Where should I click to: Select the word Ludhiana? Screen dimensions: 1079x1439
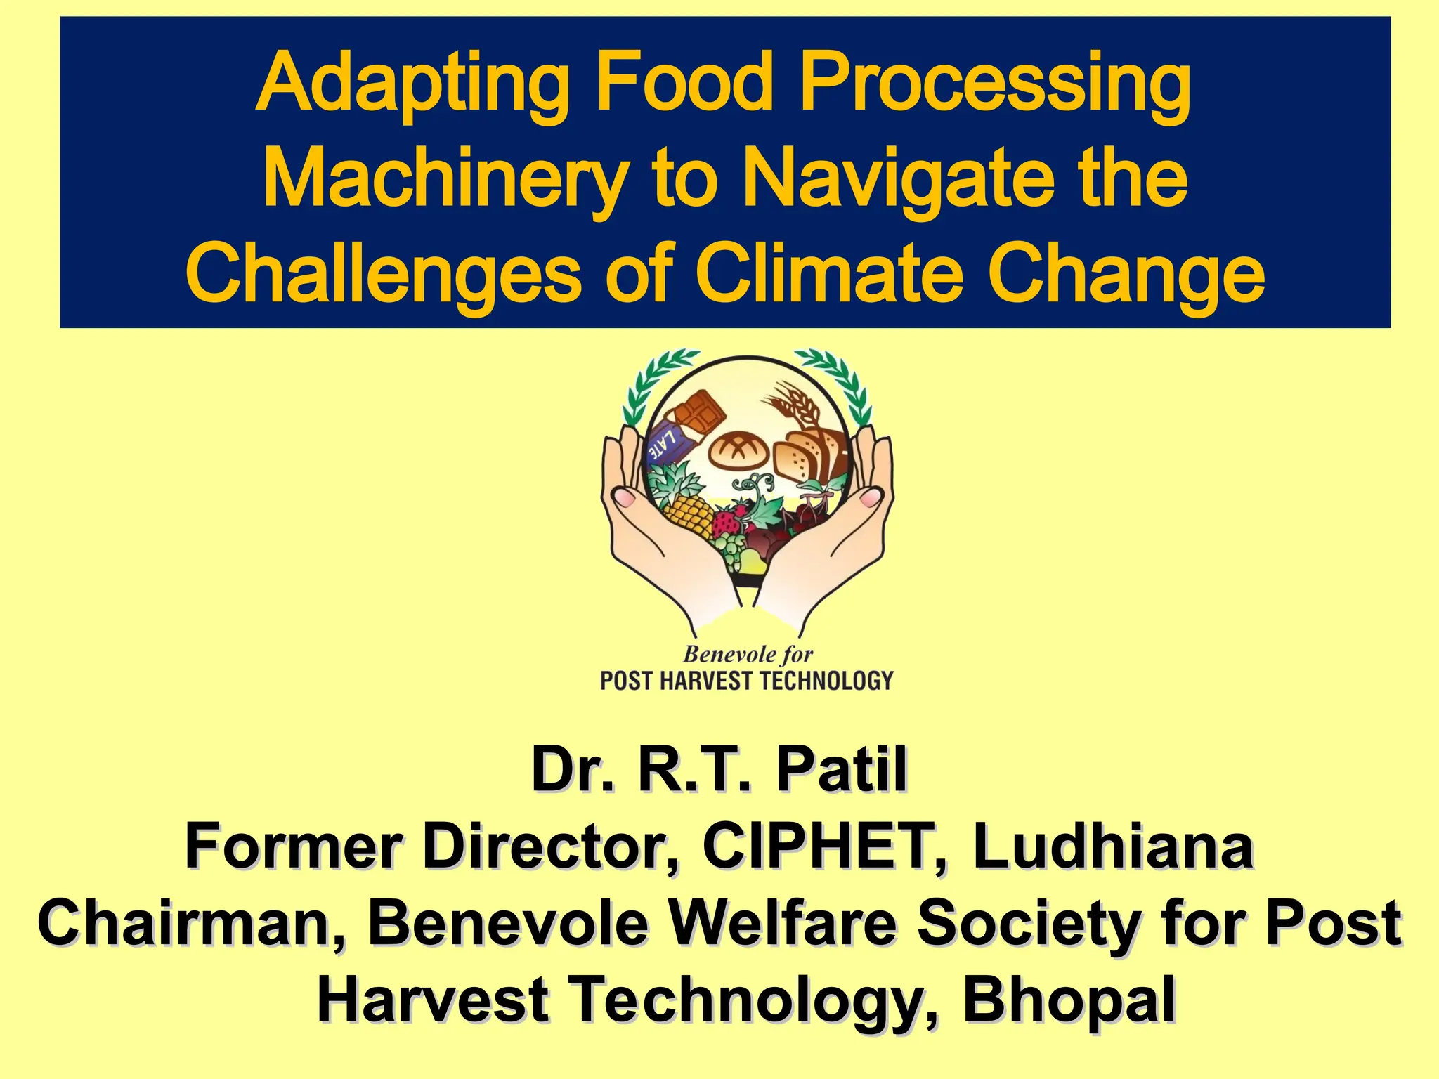[x=1113, y=846]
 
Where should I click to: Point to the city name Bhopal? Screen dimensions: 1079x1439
[x=1068, y=1000]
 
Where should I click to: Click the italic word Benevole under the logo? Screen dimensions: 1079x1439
[x=719, y=655]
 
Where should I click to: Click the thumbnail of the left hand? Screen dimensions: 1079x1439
[x=624, y=498]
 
